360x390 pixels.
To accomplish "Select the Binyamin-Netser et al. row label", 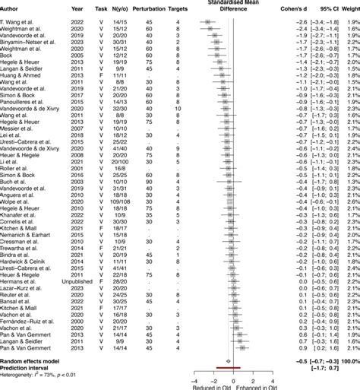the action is coord(29,42).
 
